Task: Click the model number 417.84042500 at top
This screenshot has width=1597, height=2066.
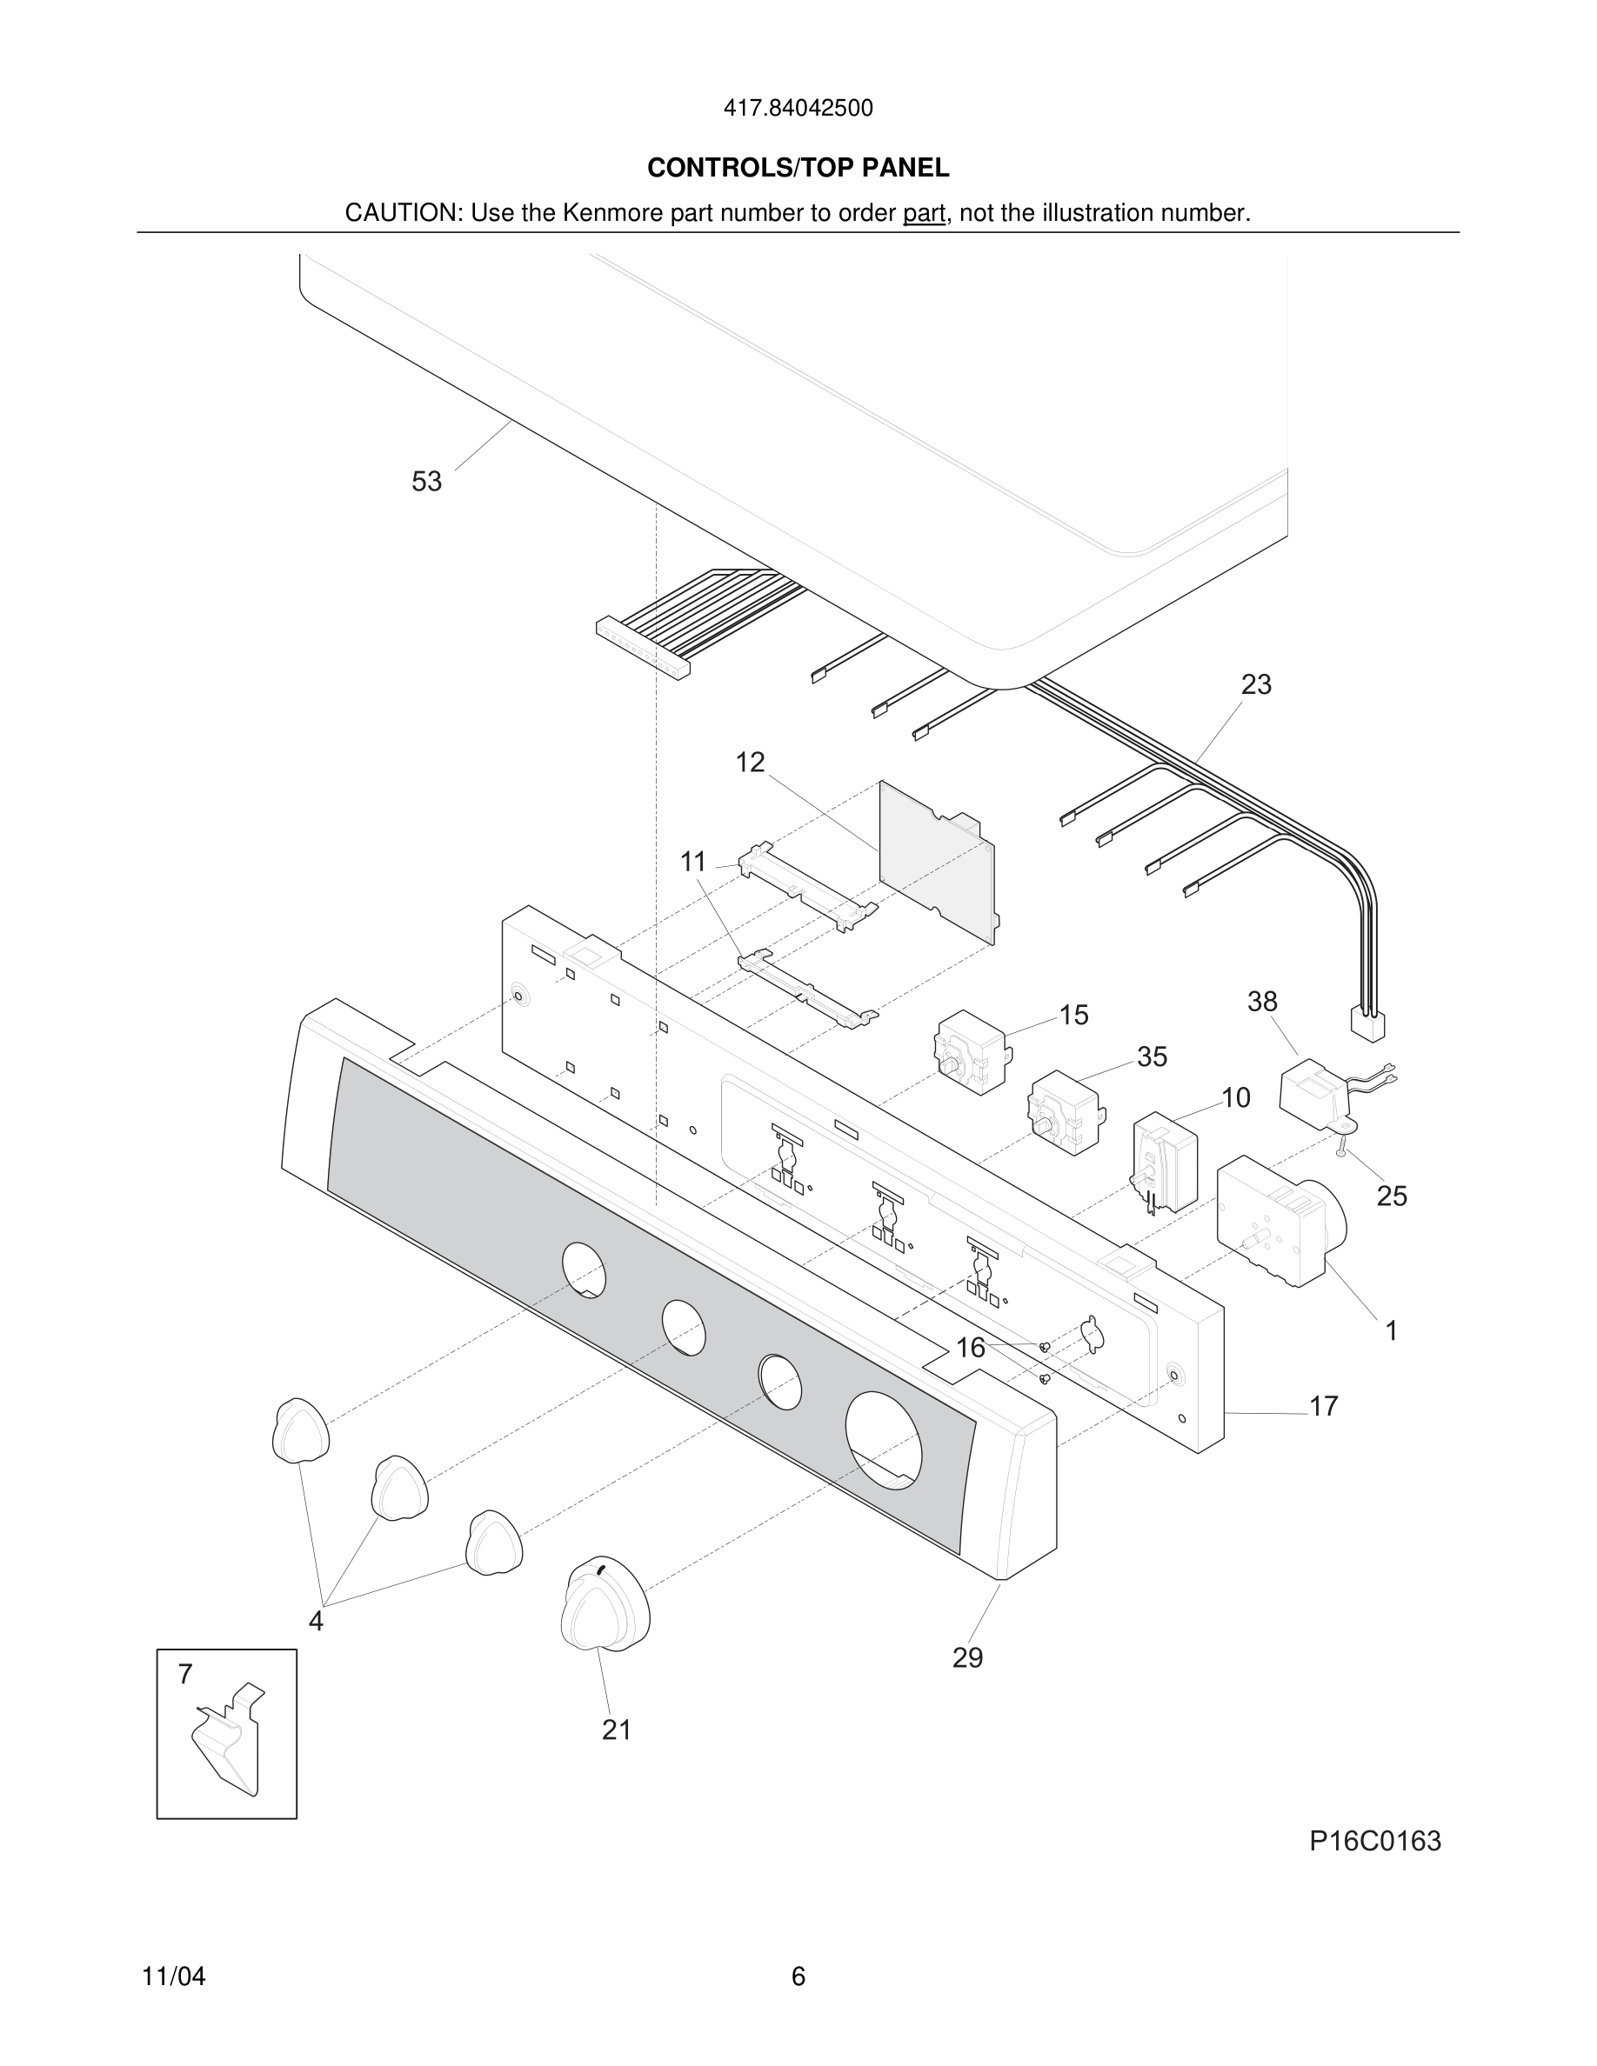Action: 798,109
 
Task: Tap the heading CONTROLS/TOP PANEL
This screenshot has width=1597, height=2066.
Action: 798,169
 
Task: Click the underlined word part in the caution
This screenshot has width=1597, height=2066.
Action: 924,214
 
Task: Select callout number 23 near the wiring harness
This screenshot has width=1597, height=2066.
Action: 1255,685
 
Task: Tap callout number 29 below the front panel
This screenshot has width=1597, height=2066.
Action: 967,1657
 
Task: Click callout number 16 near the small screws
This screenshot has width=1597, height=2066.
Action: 970,1348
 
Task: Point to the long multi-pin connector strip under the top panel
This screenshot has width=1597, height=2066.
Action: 643,648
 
